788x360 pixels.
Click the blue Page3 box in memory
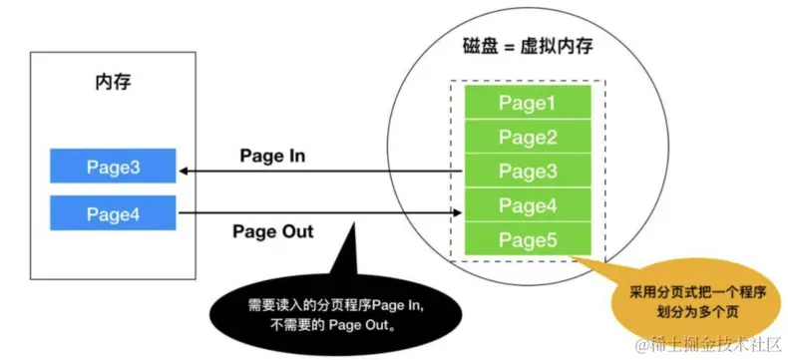point(113,168)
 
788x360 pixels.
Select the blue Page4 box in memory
point(113,212)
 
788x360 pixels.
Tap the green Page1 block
point(528,103)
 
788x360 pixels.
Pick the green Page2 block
point(528,137)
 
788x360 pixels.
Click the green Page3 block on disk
point(528,171)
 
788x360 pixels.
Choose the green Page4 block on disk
point(528,205)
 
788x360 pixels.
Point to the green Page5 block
point(528,240)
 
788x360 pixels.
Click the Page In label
point(272,157)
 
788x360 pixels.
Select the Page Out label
point(272,231)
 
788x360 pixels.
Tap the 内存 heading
point(106,82)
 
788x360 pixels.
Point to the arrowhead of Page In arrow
point(185,173)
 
